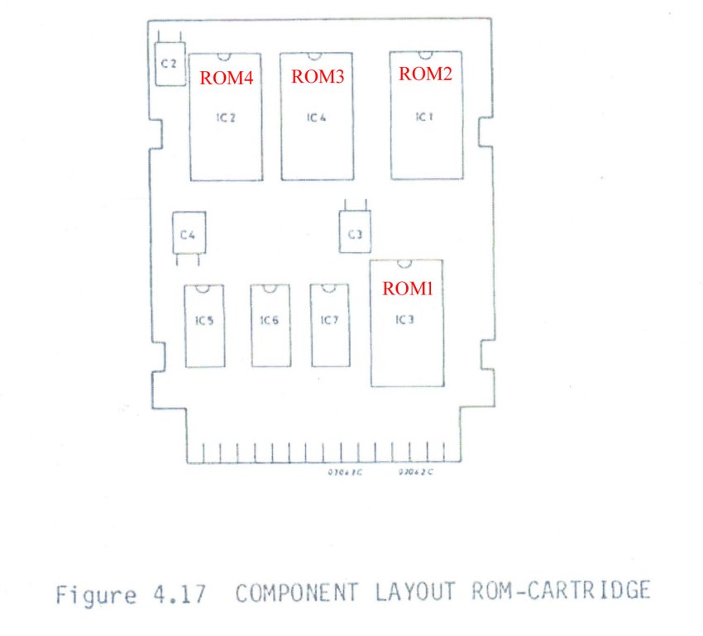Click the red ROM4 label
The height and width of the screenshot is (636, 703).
coord(226,78)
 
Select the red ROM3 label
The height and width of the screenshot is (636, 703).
coord(318,76)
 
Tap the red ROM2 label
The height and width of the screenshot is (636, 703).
coord(425,74)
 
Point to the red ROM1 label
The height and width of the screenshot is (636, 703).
coord(407,288)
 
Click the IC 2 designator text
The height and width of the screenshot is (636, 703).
coord(227,118)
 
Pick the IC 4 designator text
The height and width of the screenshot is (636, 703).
coord(317,118)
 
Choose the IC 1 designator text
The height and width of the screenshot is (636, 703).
coord(423,117)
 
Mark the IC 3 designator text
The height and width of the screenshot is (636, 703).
coord(404,320)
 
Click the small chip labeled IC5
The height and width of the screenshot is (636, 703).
coord(205,326)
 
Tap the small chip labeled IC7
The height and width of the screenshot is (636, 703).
coord(329,326)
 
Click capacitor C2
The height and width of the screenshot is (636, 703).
coord(170,64)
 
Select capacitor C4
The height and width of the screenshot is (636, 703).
coord(188,235)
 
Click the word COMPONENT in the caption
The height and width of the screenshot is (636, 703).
coord(299,592)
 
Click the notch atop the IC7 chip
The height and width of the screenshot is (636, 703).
coord(329,287)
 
